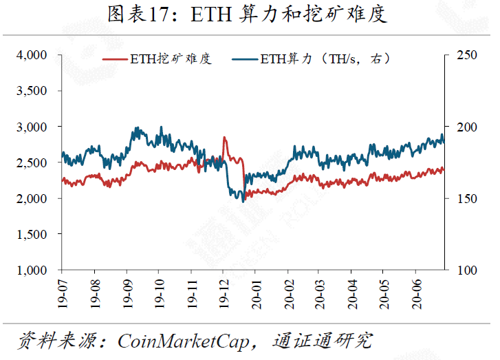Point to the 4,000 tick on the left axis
coord(32,55)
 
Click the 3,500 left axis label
coord(32,91)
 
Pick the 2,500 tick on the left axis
coord(32,162)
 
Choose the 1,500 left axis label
coord(32,234)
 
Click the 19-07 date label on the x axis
coord(63,292)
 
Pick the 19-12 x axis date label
coord(224,292)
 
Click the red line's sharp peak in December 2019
coord(224,138)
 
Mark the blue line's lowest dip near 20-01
coord(243,201)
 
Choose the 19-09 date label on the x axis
coord(127,292)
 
